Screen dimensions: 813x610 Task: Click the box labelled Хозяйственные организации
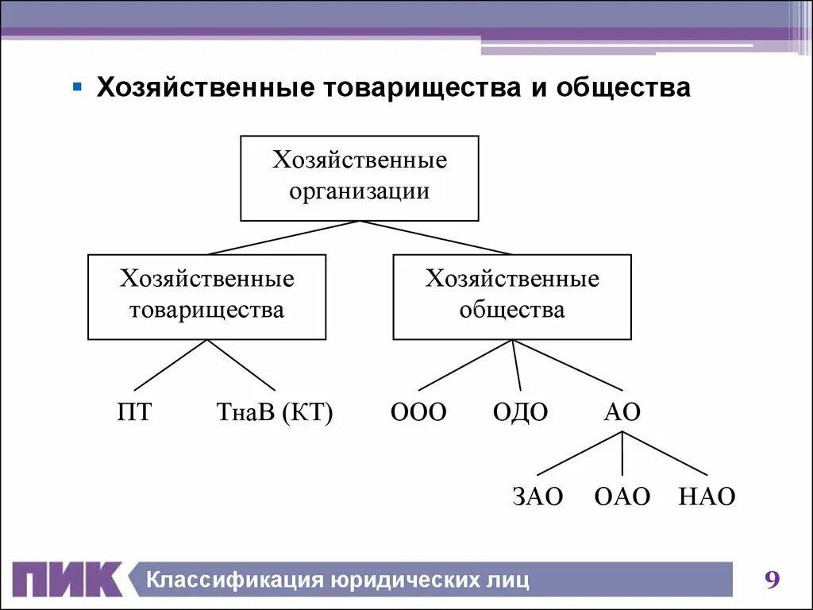[x=360, y=178]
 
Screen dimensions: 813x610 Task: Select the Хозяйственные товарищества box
[x=206, y=297]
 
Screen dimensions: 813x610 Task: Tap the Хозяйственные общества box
[x=512, y=297]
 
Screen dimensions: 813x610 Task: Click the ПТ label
[x=133, y=413]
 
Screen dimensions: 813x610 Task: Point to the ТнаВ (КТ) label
[x=275, y=413]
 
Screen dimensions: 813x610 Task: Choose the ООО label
[x=418, y=413]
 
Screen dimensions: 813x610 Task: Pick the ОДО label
[x=520, y=413]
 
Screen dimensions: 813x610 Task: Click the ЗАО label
[x=538, y=497]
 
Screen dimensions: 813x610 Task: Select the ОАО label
[x=622, y=497]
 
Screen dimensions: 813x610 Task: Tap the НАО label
[x=707, y=497]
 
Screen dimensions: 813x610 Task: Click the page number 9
[x=772, y=580]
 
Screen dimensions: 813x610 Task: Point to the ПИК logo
[x=67, y=580]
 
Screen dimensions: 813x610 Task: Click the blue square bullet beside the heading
[x=77, y=85]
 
